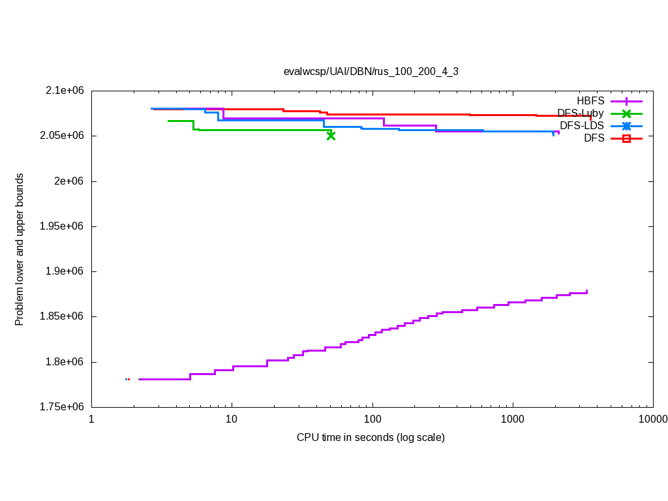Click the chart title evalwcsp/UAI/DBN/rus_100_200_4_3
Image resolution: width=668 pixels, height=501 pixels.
point(371,71)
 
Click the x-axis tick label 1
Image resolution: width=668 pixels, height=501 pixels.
point(91,419)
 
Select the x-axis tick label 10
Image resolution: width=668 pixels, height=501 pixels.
point(232,419)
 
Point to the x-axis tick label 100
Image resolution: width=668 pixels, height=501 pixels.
point(372,419)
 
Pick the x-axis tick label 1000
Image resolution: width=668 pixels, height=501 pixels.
point(513,419)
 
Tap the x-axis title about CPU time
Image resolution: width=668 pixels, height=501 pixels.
point(371,437)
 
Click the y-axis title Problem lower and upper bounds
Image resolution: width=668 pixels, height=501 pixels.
point(20,249)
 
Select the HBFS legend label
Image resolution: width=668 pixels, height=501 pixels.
point(590,101)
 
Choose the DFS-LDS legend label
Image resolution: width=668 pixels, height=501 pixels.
point(582,125)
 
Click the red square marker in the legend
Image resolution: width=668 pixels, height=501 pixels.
point(626,138)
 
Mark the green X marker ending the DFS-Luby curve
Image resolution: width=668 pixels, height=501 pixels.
point(331,136)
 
